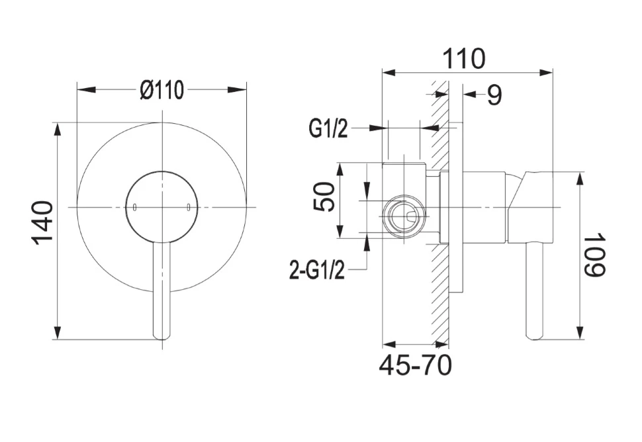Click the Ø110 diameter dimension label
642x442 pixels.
coord(161,90)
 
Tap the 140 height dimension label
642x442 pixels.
coord(43,223)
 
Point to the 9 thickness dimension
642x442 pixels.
coord(494,95)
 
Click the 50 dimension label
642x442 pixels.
coord(324,197)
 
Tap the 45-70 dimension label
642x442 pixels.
coord(415,365)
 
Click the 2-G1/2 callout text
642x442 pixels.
coord(317,270)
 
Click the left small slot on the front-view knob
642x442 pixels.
coord(134,207)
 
